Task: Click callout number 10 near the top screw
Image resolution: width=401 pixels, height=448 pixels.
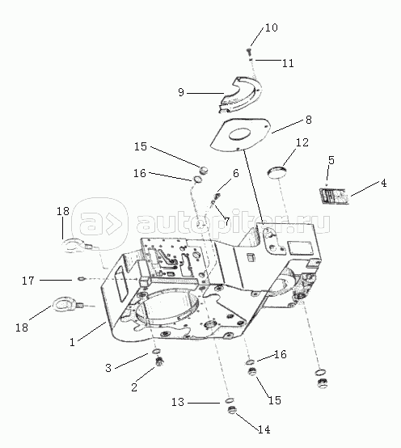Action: coord(272,27)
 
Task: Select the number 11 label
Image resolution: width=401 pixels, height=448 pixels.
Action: coord(288,63)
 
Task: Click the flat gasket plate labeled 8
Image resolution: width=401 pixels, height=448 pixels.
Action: coord(241,134)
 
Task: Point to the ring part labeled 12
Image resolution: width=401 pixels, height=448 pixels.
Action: coord(277,172)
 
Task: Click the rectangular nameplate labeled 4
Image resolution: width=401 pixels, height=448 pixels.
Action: coord(334,196)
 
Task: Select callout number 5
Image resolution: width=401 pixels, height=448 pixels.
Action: coord(331,160)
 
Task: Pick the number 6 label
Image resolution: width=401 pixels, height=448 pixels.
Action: coord(235,173)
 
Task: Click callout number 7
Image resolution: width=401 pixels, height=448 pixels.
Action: coord(226,221)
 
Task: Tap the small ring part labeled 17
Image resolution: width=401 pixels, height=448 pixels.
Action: coord(82,278)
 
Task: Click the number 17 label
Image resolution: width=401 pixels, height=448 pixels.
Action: coord(28,281)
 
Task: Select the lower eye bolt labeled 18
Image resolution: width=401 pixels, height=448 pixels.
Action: coord(66,305)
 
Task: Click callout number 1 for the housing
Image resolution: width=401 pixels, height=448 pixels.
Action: coord(72,342)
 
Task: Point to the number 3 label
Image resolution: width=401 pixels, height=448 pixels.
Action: coord(108,368)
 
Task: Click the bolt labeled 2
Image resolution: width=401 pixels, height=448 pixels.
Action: coord(158,362)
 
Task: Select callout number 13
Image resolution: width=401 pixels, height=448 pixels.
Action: coord(178,402)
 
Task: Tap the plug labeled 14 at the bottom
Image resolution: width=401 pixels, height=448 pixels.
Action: coord(232,411)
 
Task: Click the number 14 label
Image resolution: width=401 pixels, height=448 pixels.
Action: coord(264,429)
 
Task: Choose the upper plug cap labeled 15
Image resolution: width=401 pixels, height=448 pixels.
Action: coord(204,170)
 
